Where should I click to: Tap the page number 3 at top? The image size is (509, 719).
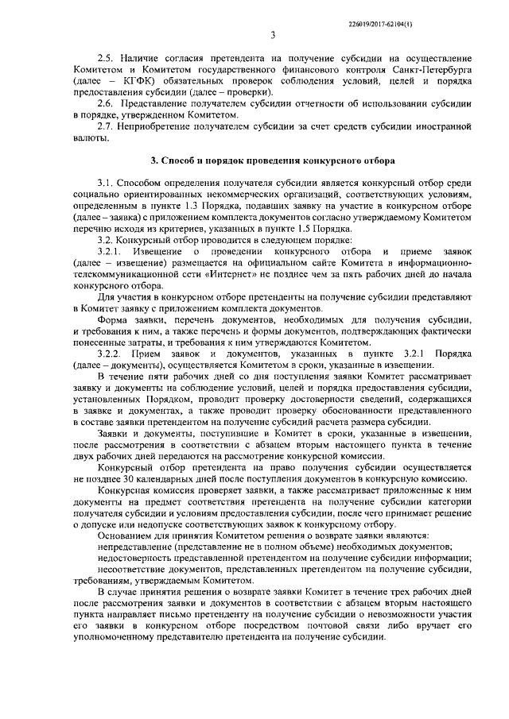click(272, 35)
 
